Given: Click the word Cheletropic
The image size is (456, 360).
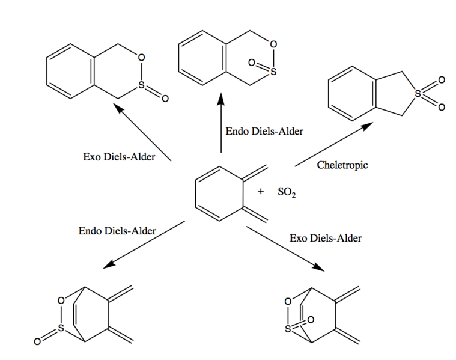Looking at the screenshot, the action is click(342, 165).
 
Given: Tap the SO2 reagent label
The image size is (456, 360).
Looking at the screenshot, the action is click(287, 192).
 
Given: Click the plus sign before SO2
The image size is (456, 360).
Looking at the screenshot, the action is click(261, 191).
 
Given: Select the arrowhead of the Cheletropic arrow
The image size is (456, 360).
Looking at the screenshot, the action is click(368, 125).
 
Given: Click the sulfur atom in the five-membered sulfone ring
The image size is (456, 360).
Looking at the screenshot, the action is click(418, 94).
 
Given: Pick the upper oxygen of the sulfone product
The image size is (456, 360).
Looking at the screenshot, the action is click(442, 80).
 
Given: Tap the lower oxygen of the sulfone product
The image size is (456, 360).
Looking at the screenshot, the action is click(442, 108).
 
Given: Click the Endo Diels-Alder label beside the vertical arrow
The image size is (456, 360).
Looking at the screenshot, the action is click(264, 131).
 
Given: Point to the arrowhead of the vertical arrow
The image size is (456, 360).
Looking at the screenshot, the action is click(221, 99).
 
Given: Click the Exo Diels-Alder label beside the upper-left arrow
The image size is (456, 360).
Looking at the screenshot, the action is click(119, 157).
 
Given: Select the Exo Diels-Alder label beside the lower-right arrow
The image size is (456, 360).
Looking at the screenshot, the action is click(326, 238).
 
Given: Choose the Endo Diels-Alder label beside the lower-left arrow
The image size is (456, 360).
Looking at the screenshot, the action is click(117, 231).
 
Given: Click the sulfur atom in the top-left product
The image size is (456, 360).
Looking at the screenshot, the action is click(141, 85).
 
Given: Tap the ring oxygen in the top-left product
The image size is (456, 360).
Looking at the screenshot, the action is click(141, 58).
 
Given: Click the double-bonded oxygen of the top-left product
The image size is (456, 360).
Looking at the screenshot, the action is click(165, 99).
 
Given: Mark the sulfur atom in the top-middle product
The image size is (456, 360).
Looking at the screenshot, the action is click(273, 72).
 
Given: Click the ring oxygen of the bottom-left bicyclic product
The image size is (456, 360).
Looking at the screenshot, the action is click(61, 301).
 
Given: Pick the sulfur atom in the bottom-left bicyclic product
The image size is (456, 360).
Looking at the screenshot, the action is click(61, 328).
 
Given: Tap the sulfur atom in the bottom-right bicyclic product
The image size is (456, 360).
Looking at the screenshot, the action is click(288, 329).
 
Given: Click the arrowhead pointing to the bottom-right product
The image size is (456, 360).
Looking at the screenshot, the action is click(319, 267).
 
